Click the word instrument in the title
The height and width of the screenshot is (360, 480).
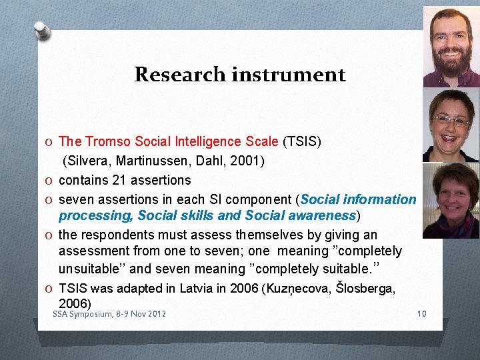pos(288,74)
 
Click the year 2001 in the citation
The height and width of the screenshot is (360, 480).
pos(249,161)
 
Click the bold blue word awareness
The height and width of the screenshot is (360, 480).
pos(323,215)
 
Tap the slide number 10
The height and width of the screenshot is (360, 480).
pos(420,314)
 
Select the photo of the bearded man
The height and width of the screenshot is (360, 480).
pos(451,47)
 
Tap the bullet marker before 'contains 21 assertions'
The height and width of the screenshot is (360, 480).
pos(51,181)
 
